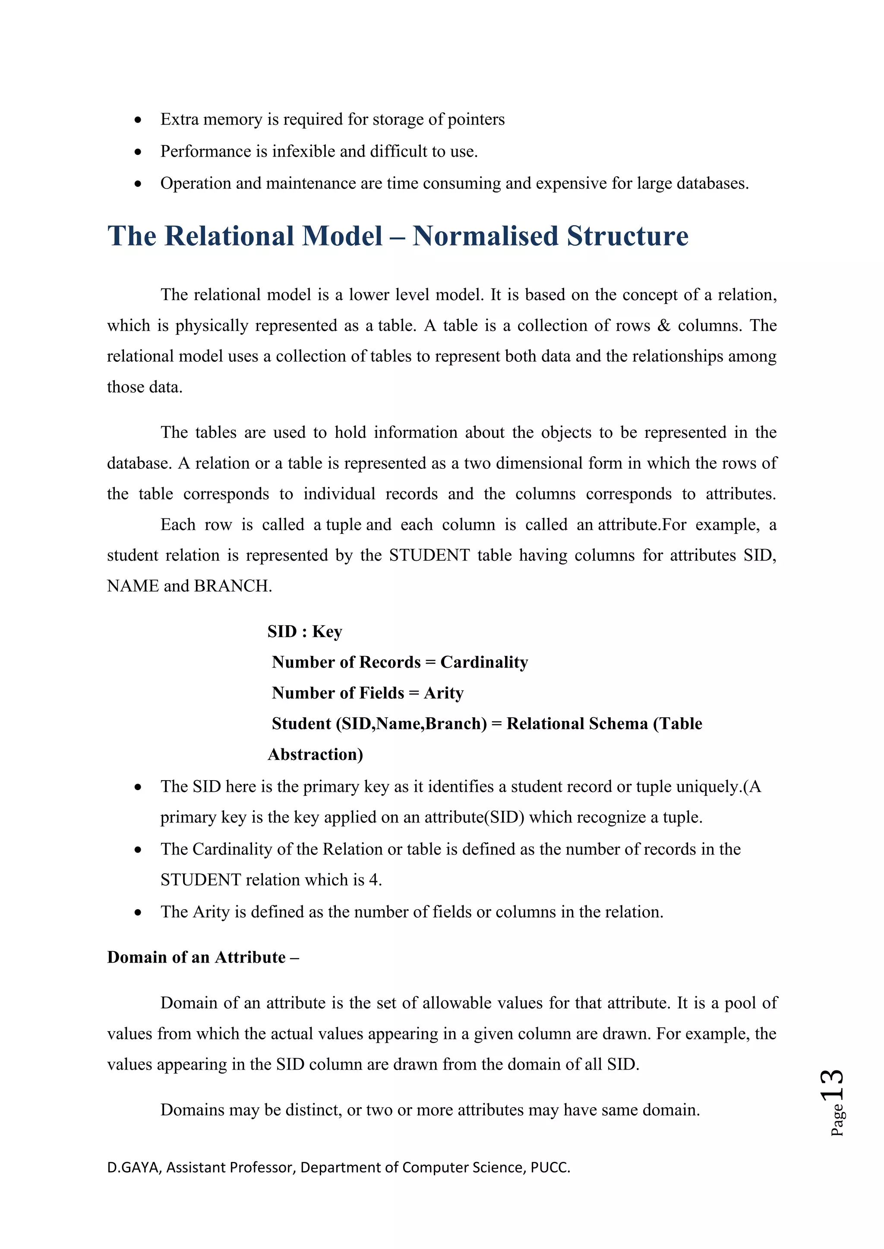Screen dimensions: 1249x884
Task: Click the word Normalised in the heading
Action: point(486,236)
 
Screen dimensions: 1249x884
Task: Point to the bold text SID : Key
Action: point(305,631)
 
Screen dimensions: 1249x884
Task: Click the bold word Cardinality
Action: point(484,662)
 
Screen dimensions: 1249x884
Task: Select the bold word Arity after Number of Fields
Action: point(444,693)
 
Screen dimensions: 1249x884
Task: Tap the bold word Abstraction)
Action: point(315,754)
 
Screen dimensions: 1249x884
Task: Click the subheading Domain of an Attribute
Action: point(196,957)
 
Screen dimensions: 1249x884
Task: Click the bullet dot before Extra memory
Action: point(138,119)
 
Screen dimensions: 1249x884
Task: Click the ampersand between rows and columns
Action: point(663,325)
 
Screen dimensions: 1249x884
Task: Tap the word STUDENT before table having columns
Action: point(429,555)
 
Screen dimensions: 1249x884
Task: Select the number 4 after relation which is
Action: point(373,880)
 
